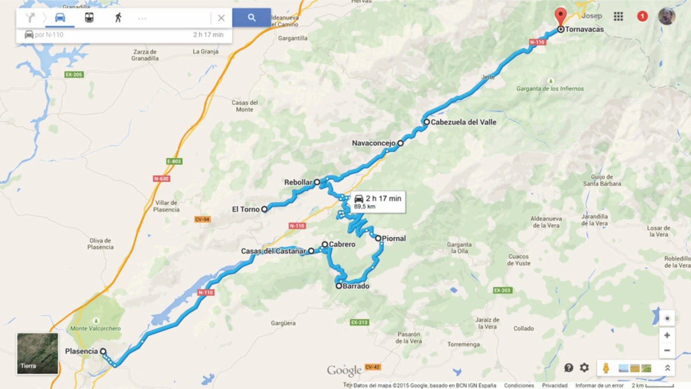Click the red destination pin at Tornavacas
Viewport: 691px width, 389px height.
(x=560, y=16)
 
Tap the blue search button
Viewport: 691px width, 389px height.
(x=251, y=18)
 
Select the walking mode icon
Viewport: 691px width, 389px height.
(x=118, y=18)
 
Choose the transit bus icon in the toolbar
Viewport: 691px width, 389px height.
(x=89, y=18)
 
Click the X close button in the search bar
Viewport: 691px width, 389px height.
(x=221, y=18)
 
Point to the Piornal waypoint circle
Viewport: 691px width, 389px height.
(x=378, y=238)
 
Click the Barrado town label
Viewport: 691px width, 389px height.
(x=356, y=286)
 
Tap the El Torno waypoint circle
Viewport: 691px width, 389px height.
(x=264, y=209)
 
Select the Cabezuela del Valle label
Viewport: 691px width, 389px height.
(x=463, y=122)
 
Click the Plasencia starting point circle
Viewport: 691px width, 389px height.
(x=103, y=351)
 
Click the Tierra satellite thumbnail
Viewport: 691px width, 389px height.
(x=38, y=353)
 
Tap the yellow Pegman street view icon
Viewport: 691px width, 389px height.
(x=606, y=368)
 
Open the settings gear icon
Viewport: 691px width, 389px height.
(x=584, y=367)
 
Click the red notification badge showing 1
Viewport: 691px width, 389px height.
(x=642, y=16)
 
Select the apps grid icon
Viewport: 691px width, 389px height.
(x=618, y=16)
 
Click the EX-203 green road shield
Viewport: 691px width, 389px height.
(x=502, y=290)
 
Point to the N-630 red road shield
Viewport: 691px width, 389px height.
(x=162, y=179)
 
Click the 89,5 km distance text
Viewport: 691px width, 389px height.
(x=365, y=207)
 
